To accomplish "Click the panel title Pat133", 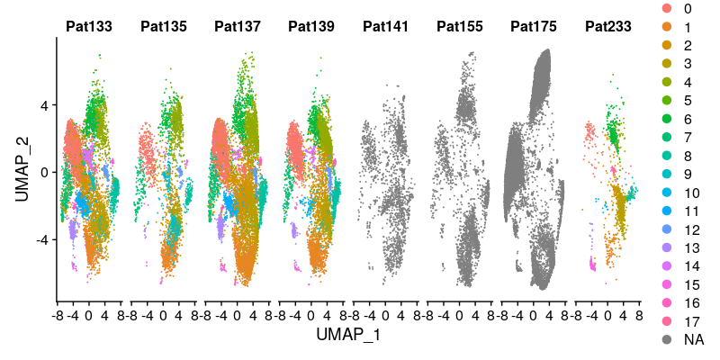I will pyautogui.click(x=89, y=27).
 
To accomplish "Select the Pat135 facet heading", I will pyautogui.click(x=163, y=27).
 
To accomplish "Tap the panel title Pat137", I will pyautogui.click(x=238, y=27).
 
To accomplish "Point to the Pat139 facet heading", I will pyautogui.click(x=311, y=27).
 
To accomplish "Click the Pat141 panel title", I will pyautogui.click(x=385, y=27).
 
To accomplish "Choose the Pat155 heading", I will pyautogui.click(x=459, y=27).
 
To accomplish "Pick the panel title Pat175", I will pyautogui.click(x=534, y=27).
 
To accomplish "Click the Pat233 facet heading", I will pyautogui.click(x=607, y=27).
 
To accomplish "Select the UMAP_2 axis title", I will pyautogui.click(x=22, y=171).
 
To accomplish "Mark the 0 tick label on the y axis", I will pyautogui.click(x=45, y=172).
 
